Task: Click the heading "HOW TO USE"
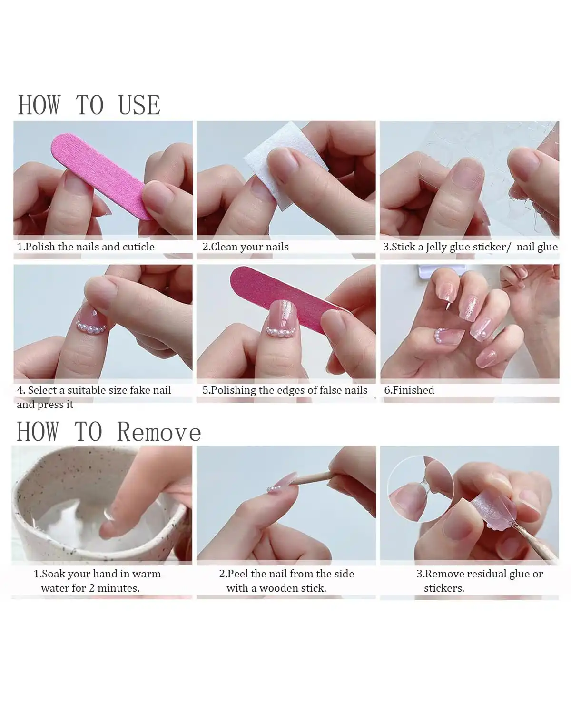tap(89, 105)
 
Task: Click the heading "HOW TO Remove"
tap(109, 432)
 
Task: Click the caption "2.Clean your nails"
tap(246, 247)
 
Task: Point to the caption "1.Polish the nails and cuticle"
tap(86, 247)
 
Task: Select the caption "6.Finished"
tap(409, 390)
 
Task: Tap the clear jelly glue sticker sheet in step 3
tap(538, 190)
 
